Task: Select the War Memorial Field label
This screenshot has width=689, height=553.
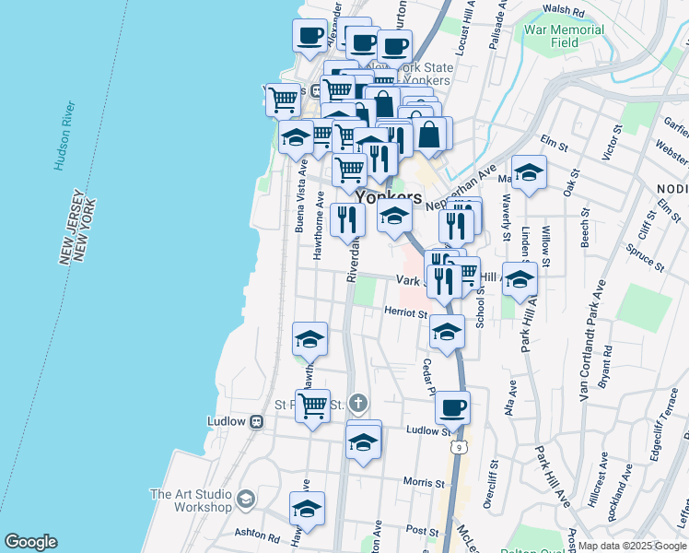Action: pos(564,36)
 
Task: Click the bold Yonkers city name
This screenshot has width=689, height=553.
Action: pos(389,197)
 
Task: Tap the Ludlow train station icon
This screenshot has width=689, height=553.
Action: pos(257,421)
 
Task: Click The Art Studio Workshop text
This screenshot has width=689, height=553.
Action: pos(190,500)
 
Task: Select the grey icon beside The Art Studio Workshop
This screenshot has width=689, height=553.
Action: pos(245,500)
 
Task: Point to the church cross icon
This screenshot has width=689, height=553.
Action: pos(357,404)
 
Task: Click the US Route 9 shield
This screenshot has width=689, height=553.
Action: pos(458,447)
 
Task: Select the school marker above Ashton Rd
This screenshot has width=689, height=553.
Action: pos(308,509)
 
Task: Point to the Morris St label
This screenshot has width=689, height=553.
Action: pos(423,482)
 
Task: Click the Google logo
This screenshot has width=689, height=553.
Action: pos(29,542)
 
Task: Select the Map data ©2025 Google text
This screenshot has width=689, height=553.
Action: pos(633,546)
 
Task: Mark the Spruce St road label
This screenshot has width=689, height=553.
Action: pos(645,259)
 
